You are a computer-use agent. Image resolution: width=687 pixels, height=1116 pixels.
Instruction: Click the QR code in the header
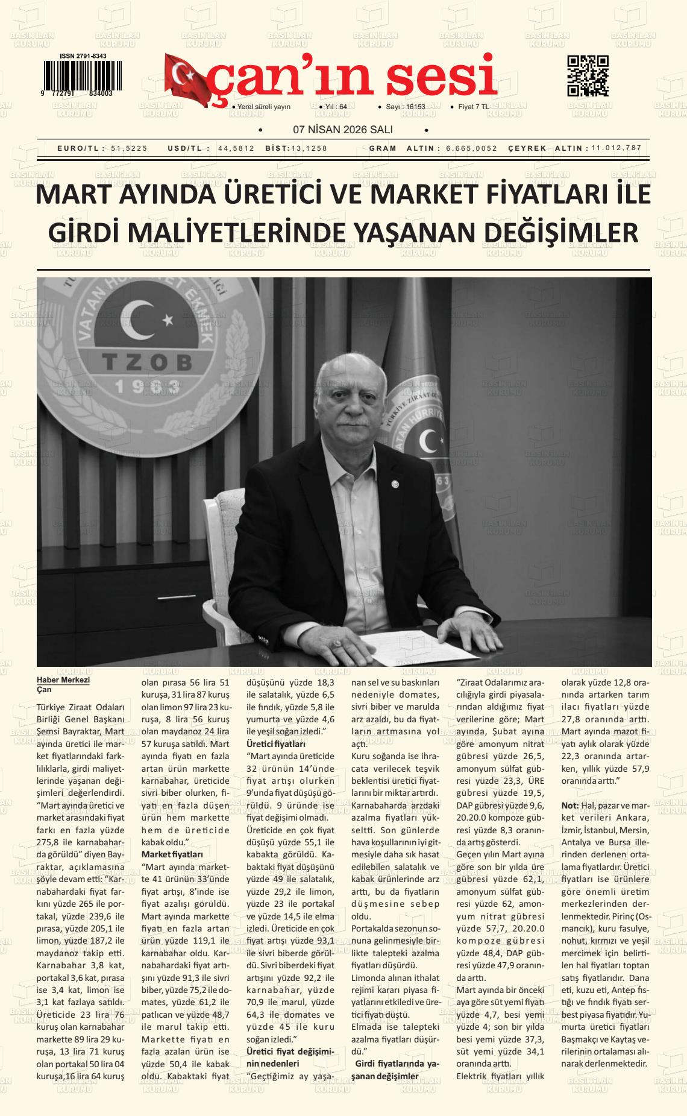588,76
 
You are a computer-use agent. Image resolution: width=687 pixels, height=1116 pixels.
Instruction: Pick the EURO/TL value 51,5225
129,148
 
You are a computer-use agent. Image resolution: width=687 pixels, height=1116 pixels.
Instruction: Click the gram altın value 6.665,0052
472,148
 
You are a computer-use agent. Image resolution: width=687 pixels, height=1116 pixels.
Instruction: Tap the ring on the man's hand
337,645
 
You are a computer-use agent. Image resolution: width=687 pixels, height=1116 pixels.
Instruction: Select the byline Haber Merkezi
63,679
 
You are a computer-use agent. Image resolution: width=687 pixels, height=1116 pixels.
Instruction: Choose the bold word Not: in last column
569,805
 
